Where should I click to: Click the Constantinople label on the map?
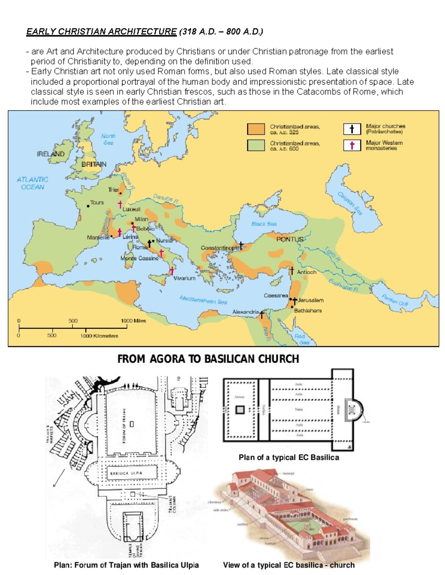tap(220, 248)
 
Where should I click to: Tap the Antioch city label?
tap(307, 272)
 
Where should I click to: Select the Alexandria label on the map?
tap(245, 312)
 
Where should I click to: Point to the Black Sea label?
tap(264, 224)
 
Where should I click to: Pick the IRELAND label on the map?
tap(50, 154)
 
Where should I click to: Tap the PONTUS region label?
tap(290, 239)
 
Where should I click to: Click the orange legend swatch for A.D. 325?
tap(256, 129)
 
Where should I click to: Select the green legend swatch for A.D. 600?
tap(256, 146)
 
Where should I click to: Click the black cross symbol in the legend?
tap(352, 129)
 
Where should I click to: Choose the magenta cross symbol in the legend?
tap(352, 145)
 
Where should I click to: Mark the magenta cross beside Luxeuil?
tap(120, 204)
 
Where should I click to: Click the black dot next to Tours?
tap(88, 206)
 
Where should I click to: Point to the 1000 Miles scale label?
tap(133, 321)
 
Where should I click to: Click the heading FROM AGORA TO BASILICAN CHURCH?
tap(208, 359)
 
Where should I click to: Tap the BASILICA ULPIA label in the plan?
tap(126, 473)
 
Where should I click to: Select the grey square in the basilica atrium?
tap(240, 409)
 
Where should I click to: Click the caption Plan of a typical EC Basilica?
tap(289, 457)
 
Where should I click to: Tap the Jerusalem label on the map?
tap(311, 300)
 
